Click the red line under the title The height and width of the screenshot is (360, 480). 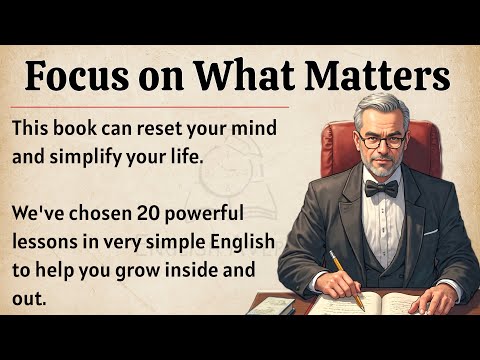coord(150,105)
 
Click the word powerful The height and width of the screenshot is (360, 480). coord(208,215)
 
